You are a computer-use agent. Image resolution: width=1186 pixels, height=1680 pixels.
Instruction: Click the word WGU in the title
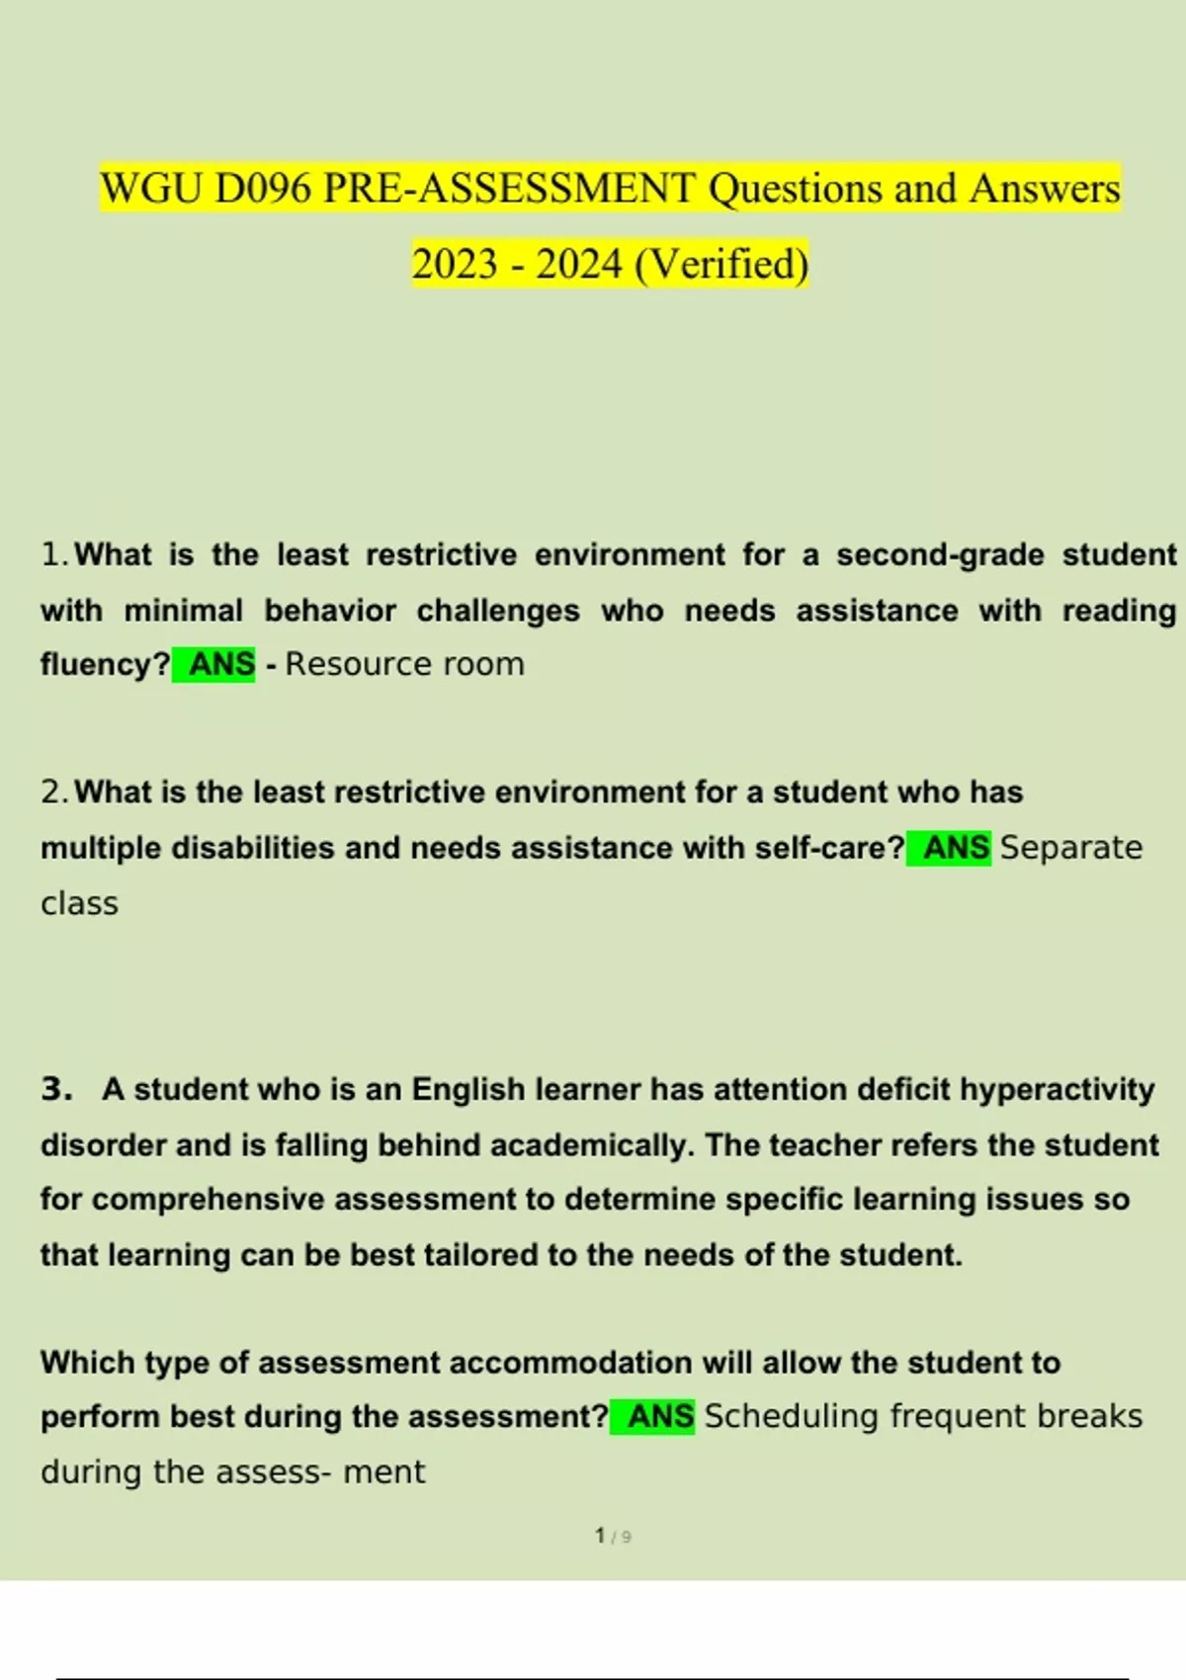pos(151,189)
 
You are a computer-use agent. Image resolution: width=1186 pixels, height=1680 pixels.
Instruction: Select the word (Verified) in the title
pos(721,265)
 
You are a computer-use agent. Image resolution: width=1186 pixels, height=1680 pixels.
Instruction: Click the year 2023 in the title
pos(455,265)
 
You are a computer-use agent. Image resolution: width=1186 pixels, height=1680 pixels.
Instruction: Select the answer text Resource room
pos(405,664)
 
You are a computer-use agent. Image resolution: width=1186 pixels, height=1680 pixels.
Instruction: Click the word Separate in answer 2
pos(1071,848)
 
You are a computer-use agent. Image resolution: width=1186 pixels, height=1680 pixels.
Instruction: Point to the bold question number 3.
pos(56,1089)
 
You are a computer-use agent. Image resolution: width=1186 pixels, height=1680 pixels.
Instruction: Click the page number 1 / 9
pos(613,1537)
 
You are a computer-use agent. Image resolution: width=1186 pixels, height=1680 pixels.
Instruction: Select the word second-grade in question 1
pos(940,555)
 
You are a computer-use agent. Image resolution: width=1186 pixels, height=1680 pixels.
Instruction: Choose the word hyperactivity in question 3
pos(1057,1089)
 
